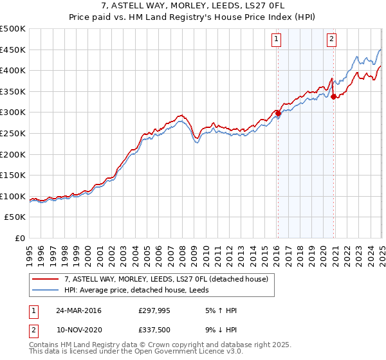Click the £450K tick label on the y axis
13,50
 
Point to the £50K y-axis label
15,217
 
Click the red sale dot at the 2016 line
278,113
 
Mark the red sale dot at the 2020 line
334,96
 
